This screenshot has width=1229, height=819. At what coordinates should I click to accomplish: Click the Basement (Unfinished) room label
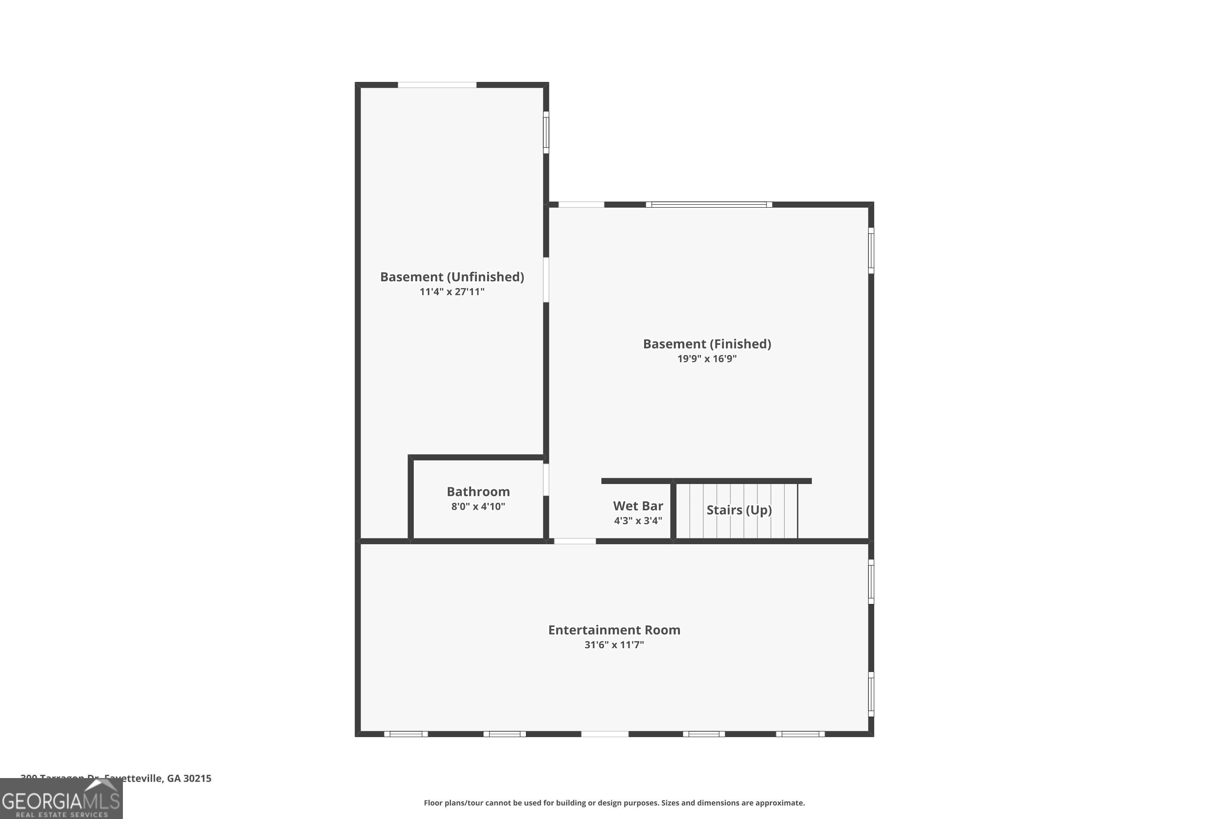[x=451, y=277]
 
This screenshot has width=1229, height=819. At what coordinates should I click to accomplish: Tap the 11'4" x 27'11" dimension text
[x=451, y=292]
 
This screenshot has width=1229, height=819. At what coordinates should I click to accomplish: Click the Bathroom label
[x=478, y=491]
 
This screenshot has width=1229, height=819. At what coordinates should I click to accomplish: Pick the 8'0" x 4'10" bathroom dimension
[x=478, y=507]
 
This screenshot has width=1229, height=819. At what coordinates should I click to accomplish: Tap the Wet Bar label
[x=637, y=506]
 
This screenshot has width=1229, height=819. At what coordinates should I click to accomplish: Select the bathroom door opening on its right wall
[x=546, y=480]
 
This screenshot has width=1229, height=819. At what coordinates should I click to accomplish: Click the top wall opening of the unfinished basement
[x=437, y=85]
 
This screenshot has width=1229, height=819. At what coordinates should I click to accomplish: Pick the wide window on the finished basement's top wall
[x=709, y=204]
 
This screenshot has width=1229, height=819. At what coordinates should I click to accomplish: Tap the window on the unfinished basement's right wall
[x=546, y=132]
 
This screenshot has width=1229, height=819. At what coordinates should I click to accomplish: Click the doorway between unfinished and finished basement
[x=546, y=279]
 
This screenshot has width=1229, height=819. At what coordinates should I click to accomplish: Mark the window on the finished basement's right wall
[x=871, y=250]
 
